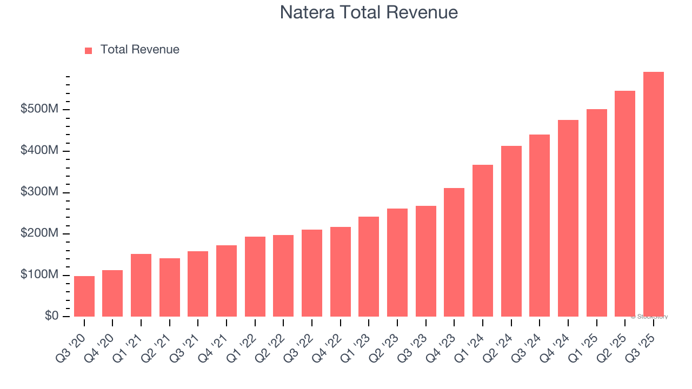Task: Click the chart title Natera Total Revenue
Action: (369, 12)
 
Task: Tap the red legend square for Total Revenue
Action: (89, 50)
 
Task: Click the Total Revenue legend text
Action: (139, 50)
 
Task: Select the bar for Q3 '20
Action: (84, 296)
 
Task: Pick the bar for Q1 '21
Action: (141, 285)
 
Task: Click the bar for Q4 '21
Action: (227, 281)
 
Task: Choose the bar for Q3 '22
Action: (312, 273)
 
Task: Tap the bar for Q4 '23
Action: (454, 252)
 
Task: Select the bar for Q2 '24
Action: (511, 231)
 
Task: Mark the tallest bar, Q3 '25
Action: (654, 194)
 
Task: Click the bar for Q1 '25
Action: (597, 213)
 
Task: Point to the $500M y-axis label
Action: (39, 109)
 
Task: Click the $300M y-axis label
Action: (39, 192)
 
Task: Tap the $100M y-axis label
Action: (39, 275)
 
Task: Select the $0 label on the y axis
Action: (51, 316)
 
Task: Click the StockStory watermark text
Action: (649, 317)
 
